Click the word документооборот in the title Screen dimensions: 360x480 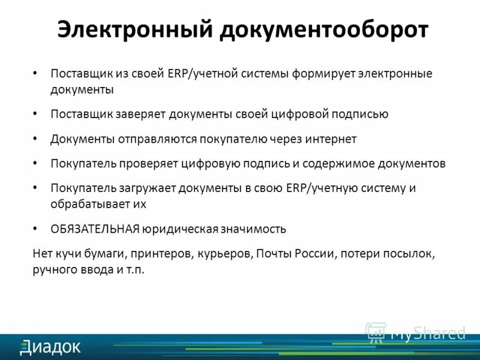coord(323,29)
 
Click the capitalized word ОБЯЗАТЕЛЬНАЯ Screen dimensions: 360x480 coord(95,229)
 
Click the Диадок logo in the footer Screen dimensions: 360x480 coord(50,346)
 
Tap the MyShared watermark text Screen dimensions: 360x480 coord(428,333)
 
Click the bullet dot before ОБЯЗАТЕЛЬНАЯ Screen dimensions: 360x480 coord(35,229)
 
